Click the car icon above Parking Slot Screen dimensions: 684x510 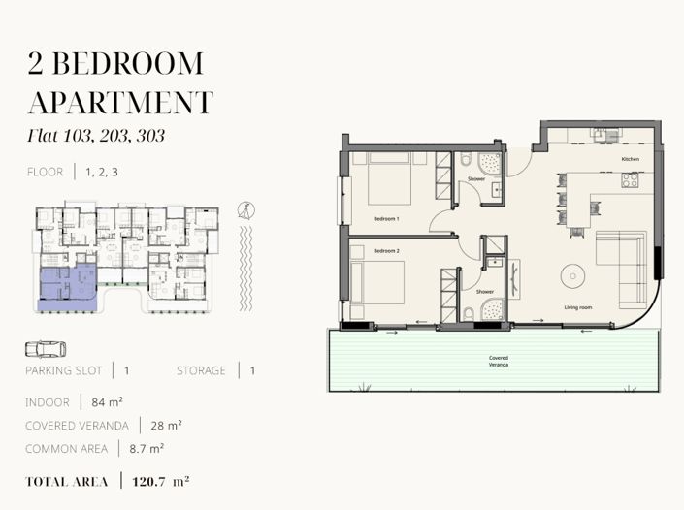46,349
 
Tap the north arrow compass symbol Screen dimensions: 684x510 246,210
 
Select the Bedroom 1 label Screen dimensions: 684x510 386,219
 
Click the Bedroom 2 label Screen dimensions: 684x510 386,251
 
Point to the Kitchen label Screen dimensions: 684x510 631,159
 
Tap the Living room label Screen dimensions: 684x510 578,307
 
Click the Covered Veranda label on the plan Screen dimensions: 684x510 498,361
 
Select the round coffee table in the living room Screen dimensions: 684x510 572,276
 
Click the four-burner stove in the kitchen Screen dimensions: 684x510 631,180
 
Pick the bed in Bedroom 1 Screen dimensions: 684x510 390,178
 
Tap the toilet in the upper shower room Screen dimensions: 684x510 466,159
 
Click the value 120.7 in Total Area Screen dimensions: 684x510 148,482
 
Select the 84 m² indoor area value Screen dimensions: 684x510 107,402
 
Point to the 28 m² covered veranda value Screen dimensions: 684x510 166,426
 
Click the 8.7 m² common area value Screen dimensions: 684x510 147,449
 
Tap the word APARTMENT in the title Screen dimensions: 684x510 120,103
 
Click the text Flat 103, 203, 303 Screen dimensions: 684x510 96,136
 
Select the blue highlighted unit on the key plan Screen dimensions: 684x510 69,288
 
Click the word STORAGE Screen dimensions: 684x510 201,371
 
